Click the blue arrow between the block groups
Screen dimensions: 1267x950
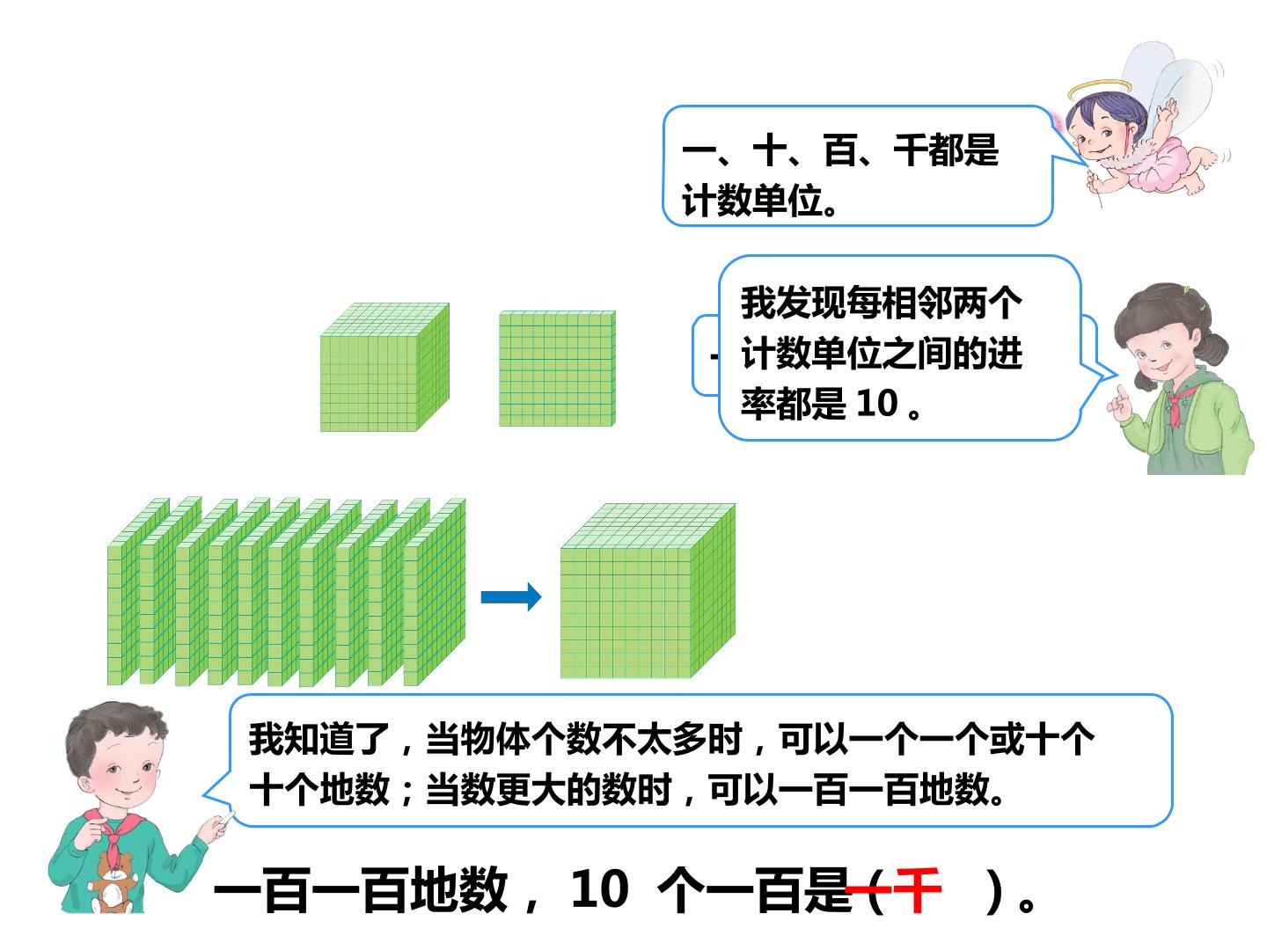[511, 596]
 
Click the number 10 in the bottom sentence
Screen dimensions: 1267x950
[600, 889]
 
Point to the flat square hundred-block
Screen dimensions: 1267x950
[557, 369]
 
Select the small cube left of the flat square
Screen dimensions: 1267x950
[384, 367]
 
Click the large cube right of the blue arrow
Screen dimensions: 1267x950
[648, 591]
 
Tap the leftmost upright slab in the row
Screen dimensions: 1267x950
[138, 591]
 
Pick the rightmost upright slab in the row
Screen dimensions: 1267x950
[434, 592]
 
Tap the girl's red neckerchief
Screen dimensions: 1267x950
[1176, 404]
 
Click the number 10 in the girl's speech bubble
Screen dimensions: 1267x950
[877, 403]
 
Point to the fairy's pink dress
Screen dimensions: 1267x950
[1154, 166]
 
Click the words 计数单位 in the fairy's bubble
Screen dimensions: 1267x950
[751, 201]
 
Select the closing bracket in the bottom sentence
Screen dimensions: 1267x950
[993, 891]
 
